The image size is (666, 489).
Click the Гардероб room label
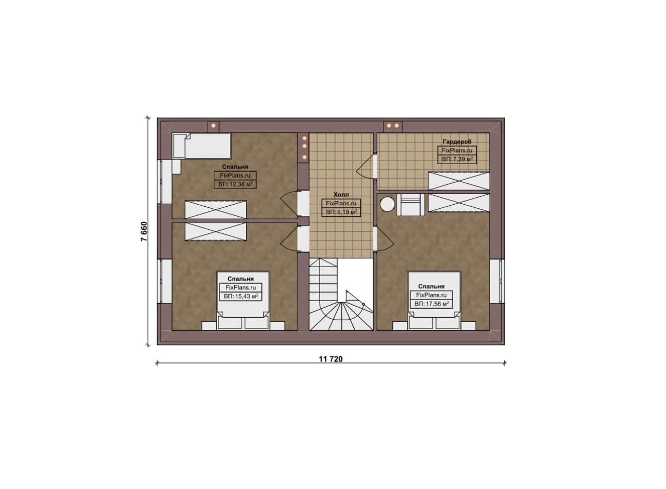click(457, 142)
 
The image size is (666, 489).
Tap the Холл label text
click(341, 195)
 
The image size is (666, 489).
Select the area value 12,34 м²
click(236, 184)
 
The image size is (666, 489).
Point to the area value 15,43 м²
click(241, 296)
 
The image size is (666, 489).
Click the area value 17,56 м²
click(432, 304)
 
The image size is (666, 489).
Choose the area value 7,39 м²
click(457, 159)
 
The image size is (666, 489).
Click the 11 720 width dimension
click(330, 359)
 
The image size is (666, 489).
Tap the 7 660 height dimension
click(144, 231)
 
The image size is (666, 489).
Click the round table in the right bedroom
click(388, 205)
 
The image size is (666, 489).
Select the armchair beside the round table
click(411, 205)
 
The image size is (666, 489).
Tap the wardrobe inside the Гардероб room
click(459, 181)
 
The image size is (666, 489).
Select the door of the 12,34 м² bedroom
click(289, 204)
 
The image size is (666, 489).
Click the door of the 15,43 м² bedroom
click(289, 239)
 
